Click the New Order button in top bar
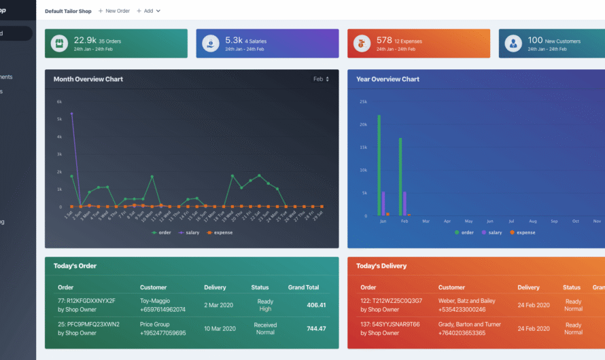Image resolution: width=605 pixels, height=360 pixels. pos(114,11)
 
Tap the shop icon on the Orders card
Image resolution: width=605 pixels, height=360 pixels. pos(59,43)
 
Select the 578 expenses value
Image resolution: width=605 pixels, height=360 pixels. pos(384,40)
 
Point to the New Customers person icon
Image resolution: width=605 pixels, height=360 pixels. pos(513,43)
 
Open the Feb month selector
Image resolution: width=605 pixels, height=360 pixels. pos(321,79)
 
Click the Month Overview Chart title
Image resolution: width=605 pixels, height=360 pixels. pos(88,79)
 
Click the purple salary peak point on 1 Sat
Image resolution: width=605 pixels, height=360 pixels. pos(71,113)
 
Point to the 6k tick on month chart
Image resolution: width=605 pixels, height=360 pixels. pos(59,102)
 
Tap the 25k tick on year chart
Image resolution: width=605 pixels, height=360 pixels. pos(363,102)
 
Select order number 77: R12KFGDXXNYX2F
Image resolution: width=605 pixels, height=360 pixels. pos(86,301)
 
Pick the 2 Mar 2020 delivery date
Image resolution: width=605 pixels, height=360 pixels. pos(220,305)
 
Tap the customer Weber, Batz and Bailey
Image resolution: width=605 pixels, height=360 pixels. pos(466,301)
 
